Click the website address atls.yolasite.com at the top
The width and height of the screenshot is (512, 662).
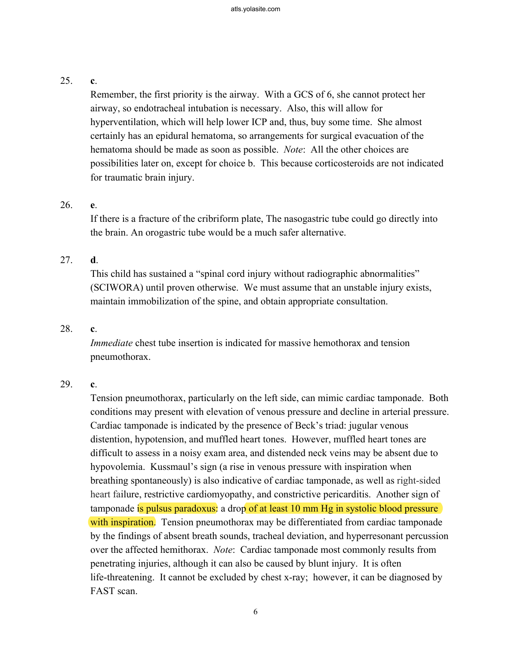coord(255,9)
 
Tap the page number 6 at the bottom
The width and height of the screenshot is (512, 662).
coord(256,612)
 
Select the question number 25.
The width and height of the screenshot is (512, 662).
coord(66,81)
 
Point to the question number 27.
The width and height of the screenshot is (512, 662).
coord(66,260)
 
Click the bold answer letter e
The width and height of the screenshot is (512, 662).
coord(93,205)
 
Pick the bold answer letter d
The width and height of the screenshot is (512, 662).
coord(93,260)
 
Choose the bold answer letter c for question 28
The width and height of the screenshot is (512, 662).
coord(93,329)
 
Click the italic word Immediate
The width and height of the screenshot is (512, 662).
coord(111,343)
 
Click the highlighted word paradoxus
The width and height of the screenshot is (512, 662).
coord(194,509)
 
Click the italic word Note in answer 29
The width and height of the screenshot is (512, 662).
coord(223,550)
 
